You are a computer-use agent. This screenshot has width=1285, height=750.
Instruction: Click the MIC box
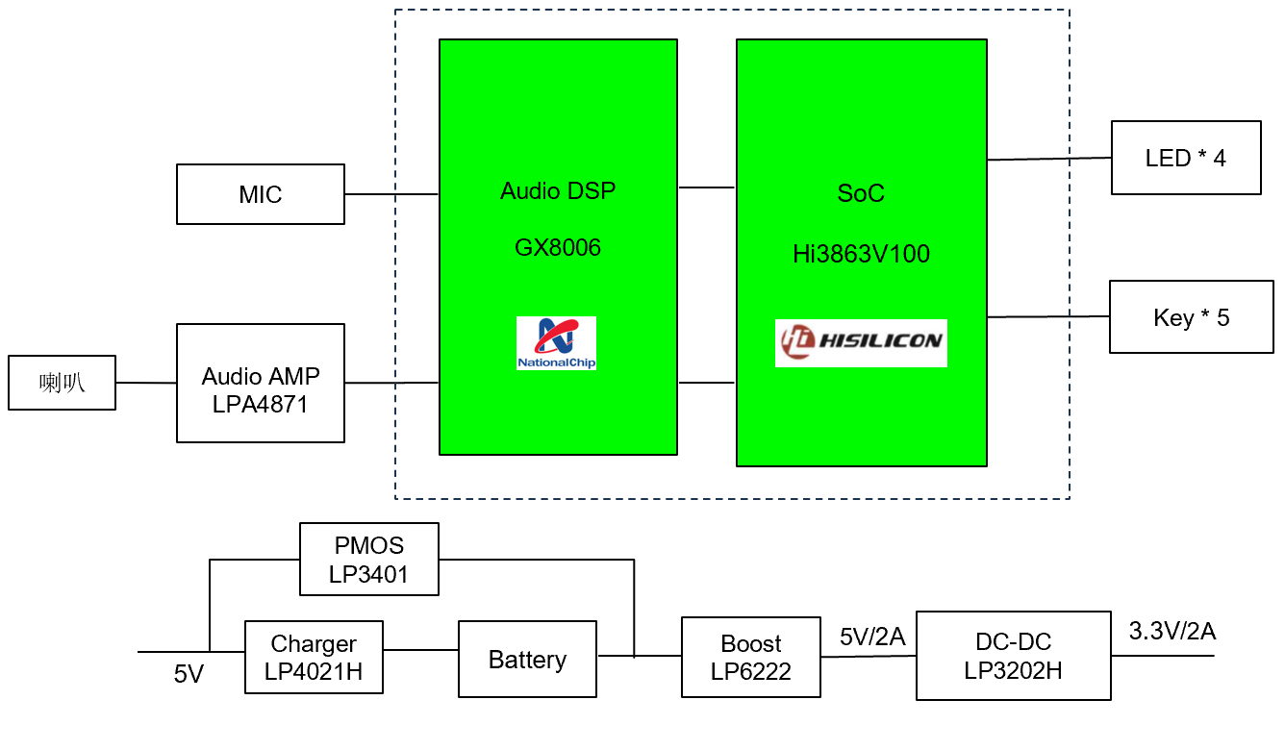[x=261, y=194]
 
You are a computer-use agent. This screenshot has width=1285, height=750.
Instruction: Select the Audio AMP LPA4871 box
[x=261, y=383]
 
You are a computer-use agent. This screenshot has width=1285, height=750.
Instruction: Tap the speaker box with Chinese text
[x=63, y=383]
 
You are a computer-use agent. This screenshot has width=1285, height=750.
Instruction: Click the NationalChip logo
[x=556, y=343]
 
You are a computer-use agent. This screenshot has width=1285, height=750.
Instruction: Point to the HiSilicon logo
[x=861, y=342]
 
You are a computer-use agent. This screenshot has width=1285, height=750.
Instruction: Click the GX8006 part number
[x=558, y=248]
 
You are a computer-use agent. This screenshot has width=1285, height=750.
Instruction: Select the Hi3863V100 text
[x=861, y=255]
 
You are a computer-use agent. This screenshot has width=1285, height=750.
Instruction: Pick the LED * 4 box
[x=1186, y=158]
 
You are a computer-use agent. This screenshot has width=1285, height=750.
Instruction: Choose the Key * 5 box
[x=1191, y=317]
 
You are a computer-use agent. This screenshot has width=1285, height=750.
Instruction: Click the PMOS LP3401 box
[x=369, y=560]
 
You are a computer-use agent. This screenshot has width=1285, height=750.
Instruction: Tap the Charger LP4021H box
[x=314, y=658]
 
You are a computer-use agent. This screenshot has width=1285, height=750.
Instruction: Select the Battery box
[x=527, y=660]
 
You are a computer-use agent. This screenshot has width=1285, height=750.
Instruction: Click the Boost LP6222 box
[x=750, y=658]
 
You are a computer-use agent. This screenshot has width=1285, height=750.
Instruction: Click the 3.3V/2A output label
[x=1172, y=632]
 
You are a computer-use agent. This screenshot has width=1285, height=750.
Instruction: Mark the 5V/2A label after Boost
[x=871, y=637]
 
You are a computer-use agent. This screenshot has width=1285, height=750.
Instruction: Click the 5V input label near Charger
[x=189, y=675]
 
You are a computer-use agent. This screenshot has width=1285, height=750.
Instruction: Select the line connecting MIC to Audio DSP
[x=391, y=194]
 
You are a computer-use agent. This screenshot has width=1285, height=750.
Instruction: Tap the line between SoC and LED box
[x=1048, y=159]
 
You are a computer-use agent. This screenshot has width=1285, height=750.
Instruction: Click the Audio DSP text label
[x=558, y=190]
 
